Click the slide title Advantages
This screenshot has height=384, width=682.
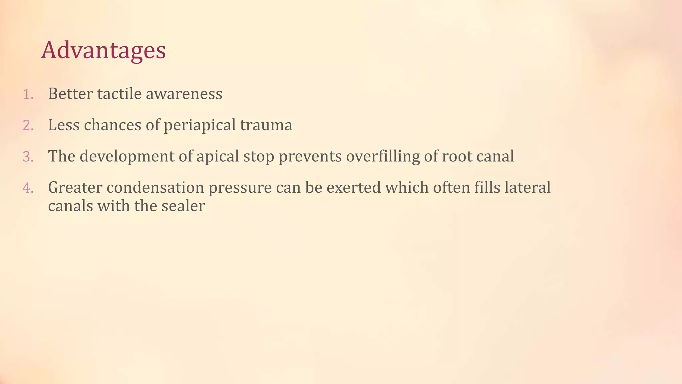coord(103,51)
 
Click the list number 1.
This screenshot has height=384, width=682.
coord(28,95)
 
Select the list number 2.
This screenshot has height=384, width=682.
coord(28,126)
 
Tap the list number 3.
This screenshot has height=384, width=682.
coord(28,157)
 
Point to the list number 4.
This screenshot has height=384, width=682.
coord(28,188)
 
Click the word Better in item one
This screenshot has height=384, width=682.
coord(70,94)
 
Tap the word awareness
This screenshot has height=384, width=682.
coord(184,94)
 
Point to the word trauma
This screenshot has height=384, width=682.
coord(266,125)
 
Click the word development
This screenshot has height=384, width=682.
coord(127,157)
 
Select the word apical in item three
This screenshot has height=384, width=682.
coord(217,157)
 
